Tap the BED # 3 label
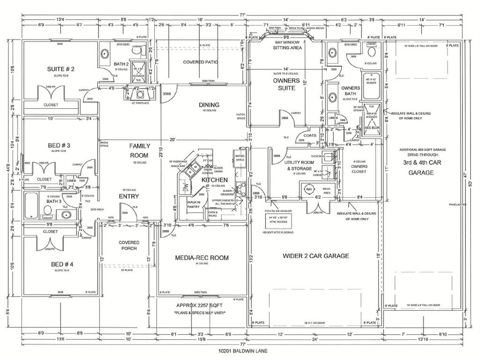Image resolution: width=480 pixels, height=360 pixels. click(59, 145)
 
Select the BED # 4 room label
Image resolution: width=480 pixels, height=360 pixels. click(62, 264)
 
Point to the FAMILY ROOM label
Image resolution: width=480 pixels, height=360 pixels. click(139, 150)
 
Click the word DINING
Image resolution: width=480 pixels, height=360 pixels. click(209, 105)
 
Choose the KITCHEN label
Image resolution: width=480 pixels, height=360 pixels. click(214, 180)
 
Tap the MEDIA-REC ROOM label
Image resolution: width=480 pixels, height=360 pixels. click(202, 257)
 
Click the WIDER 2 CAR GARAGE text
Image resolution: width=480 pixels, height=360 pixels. click(315, 256)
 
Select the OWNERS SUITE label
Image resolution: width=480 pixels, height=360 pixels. click(287, 84)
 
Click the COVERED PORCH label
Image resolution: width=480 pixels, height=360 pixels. click(129, 245)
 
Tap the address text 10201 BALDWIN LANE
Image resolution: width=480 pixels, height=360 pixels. click(240, 350)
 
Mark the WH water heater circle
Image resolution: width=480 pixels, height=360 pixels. click(309, 189)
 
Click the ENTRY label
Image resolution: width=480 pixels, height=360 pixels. click(128, 196)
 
